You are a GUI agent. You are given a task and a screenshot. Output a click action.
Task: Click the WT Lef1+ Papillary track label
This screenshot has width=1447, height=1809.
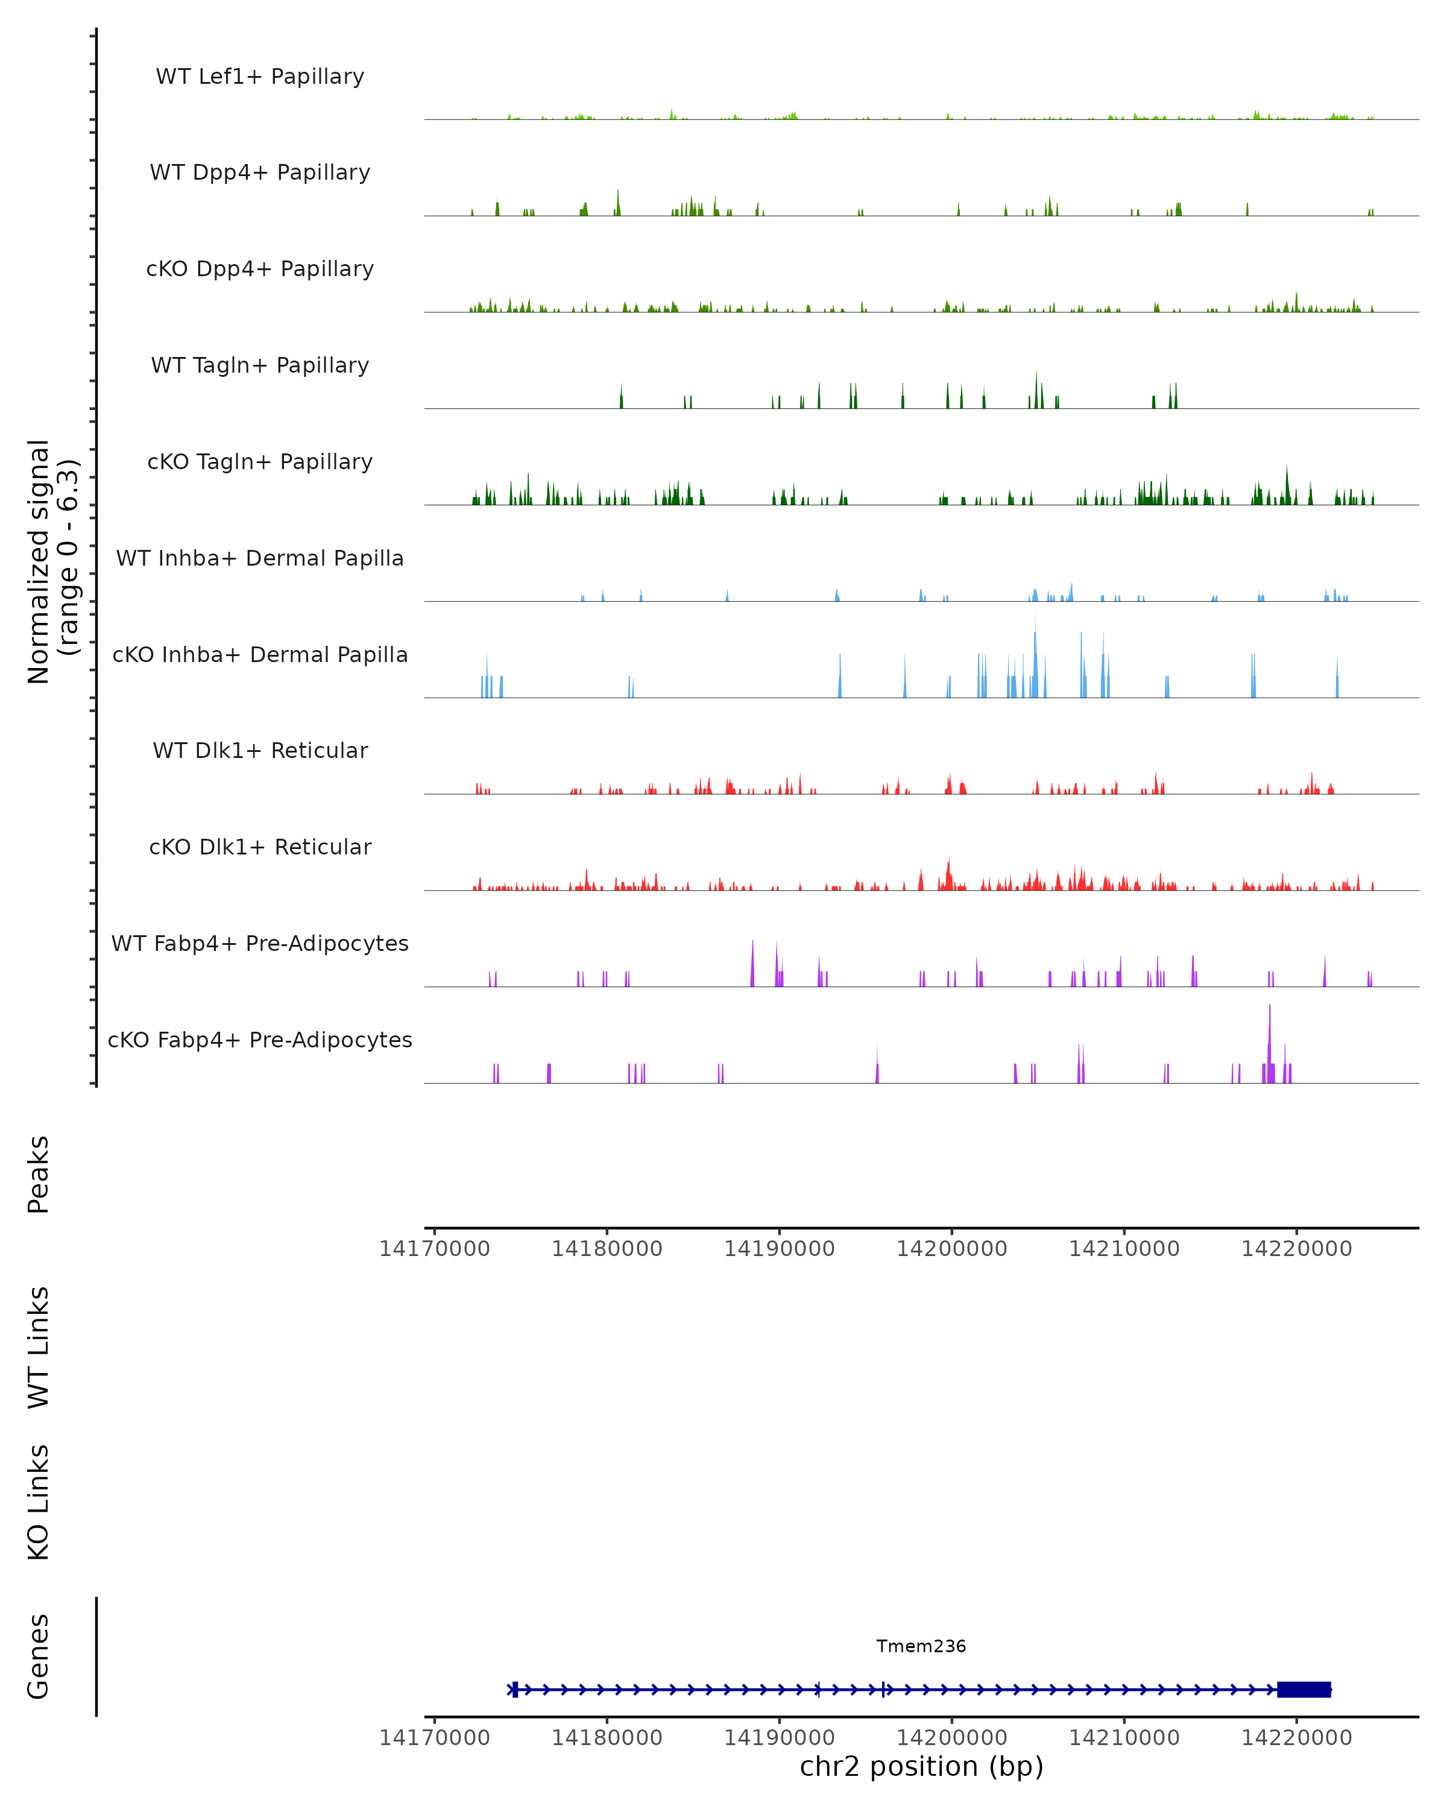[x=260, y=77]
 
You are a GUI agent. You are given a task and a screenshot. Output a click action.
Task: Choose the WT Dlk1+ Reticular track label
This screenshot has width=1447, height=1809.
[x=260, y=750]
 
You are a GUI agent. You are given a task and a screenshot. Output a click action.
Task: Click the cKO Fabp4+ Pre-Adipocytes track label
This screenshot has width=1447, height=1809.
[x=260, y=1040]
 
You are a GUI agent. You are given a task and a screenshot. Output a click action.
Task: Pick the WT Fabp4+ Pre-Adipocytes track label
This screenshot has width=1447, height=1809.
[x=260, y=943]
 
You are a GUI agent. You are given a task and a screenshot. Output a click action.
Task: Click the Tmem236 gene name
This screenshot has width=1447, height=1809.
[x=921, y=1646]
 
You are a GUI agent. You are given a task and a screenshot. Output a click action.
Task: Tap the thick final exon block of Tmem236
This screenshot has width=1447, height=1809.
[x=1304, y=1690]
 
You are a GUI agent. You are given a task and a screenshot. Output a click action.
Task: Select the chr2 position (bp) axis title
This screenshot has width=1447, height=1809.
[x=921, y=1766]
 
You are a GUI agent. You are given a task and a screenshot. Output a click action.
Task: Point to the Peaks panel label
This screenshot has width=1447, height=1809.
[x=39, y=1174]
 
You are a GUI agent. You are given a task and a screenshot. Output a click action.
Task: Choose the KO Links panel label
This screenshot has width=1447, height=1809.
[x=39, y=1502]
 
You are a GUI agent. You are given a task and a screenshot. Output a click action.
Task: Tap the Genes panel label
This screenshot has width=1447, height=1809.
[x=39, y=1656]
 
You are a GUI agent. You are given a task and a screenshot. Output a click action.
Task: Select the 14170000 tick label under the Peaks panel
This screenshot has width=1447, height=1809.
[x=435, y=1249]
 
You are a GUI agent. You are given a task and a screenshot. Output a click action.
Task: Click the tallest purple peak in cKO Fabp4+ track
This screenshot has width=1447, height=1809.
[x=1270, y=1040]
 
